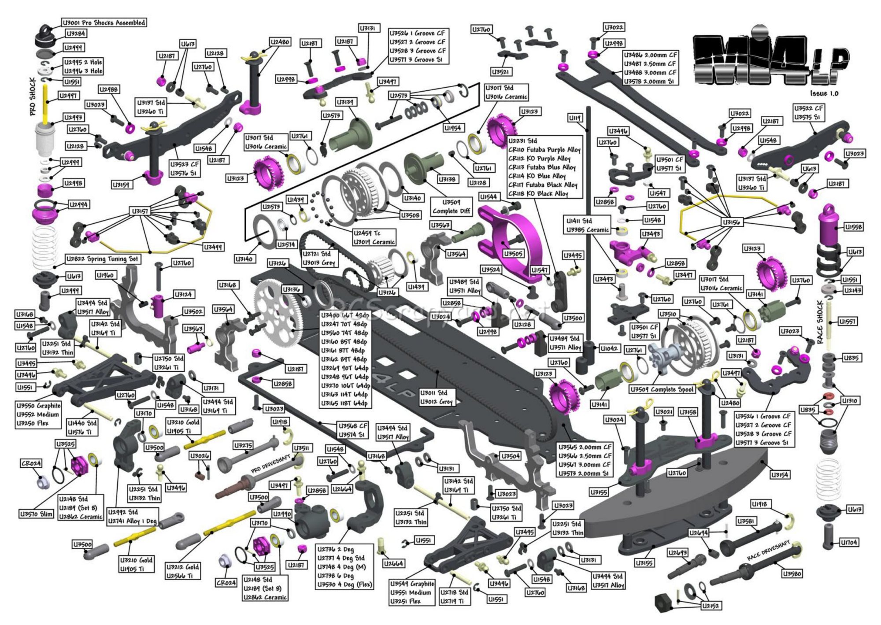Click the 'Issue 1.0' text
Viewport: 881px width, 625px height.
(824, 93)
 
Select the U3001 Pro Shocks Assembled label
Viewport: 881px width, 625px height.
(104, 22)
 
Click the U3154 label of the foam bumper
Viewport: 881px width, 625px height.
(780, 474)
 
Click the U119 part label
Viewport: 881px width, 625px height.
(575, 118)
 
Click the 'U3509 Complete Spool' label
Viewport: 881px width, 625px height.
(662, 389)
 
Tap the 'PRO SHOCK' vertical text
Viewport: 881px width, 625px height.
(33, 97)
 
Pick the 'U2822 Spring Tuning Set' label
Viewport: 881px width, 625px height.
(103, 259)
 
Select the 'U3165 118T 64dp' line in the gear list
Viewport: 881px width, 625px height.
(344, 403)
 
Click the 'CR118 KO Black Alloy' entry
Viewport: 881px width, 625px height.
(538, 193)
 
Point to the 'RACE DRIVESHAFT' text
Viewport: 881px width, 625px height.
(768, 551)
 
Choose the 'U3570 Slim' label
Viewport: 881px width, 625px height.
(36, 514)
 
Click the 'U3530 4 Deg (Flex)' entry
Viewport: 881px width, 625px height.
(345, 584)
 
